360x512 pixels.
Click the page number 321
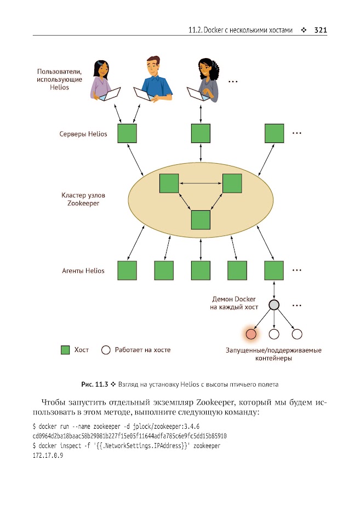(x=321, y=30)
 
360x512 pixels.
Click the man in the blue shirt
(x=153, y=79)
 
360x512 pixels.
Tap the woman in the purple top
(x=103, y=80)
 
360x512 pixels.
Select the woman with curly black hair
(x=204, y=80)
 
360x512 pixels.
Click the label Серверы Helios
(x=83, y=134)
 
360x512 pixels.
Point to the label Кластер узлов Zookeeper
(x=83, y=199)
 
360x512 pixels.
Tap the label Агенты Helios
(x=83, y=271)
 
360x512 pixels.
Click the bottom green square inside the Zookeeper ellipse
(x=201, y=220)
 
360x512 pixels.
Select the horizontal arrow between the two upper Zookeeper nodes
(x=201, y=183)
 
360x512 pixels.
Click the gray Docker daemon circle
(x=274, y=305)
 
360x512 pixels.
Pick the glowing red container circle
(x=251, y=334)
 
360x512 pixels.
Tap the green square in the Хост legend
(x=65, y=350)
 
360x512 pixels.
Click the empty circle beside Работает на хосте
(x=106, y=350)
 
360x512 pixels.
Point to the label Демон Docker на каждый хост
(x=234, y=303)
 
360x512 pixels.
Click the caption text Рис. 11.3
(x=94, y=384)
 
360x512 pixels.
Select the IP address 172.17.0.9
(x=48, y=455)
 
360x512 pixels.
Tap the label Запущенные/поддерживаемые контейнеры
(x=273, y=354)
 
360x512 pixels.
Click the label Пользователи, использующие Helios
(x=59, y=79)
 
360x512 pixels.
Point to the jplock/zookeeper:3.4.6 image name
(x=166, y=427)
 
